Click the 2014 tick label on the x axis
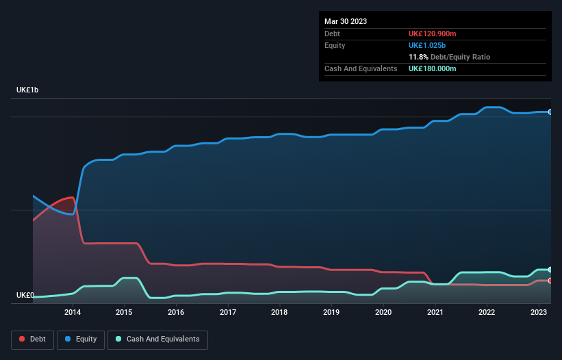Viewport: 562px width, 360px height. tap(73, 312)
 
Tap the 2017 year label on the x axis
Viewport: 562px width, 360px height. tap(228, 312)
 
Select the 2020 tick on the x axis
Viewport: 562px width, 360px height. tap(383, 312)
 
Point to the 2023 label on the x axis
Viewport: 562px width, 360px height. tap(539, 312)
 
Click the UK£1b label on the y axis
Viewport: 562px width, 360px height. tap(27, 90)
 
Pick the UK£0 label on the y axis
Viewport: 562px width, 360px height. tap(25, 296)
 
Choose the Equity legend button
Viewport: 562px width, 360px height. tap(81, 339)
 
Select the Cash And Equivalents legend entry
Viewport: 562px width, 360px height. tap(157, 339)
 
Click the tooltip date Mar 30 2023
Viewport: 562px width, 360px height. tap(346, 21)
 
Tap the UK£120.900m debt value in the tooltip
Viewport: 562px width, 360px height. tap(432, 34)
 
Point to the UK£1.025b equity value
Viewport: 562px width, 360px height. tap(428, 45)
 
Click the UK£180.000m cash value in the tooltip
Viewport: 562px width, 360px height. tap(432, 68)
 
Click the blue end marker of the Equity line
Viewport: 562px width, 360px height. tap(550, 112)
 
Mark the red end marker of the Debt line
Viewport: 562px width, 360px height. tap(550, 281)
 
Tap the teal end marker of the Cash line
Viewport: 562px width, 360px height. tap(550, 270)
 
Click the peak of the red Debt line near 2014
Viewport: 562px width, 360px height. tap(71, 197)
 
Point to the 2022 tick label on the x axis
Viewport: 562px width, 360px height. tap(487, 312)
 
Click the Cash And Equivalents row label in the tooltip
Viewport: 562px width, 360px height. tap(361, 68)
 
